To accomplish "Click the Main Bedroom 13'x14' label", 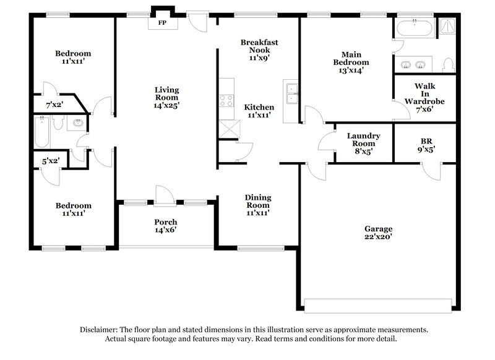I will point(351,62).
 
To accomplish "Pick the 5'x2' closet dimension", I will point(51,161).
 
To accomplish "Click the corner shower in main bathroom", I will point(446,25).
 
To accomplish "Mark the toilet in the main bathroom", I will point(449,64).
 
